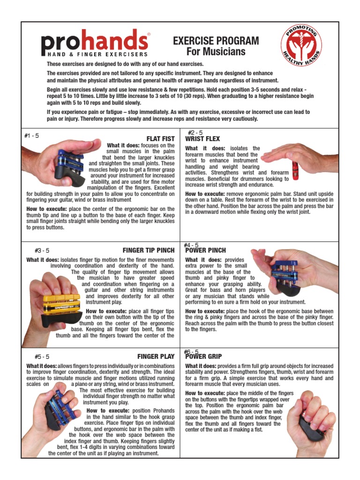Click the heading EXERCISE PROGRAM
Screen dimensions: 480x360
(x=216, y=41)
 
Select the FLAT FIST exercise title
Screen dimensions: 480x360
(x=160, y=139)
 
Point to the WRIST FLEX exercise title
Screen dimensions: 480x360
(x=202, y=139)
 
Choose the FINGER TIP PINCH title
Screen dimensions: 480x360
(x=149, y=250)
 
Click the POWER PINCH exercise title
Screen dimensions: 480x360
(x=205, y=250)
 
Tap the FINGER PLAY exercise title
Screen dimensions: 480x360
(x=156, y=356)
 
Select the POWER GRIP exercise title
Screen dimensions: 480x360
(x=203, y=356)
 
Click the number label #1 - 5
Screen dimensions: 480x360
(x=32, y=135)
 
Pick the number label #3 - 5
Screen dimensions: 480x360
(x=42, y=250)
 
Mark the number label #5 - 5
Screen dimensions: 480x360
(x=42, y=356)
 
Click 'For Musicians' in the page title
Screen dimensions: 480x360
(x=216, y=52)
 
